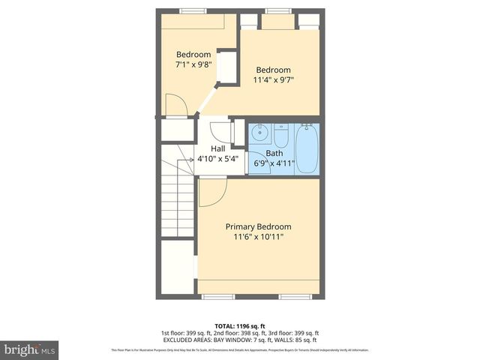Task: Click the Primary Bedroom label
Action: [x=258, y=226]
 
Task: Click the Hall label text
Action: [x=217, y=148]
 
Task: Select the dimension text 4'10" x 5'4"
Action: [x=217, y=159]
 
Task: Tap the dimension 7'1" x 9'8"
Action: [x=194, y=64]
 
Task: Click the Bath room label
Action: [x=274, y=153]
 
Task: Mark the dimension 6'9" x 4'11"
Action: [x=274, y=163]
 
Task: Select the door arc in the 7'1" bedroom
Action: [x=175, y=106]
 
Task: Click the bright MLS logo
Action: [x=30, y=350]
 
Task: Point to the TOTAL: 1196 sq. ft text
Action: [x=239, y=325]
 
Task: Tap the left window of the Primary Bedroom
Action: [x=214, y=297]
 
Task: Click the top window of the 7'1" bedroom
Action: [x=192, y=10]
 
